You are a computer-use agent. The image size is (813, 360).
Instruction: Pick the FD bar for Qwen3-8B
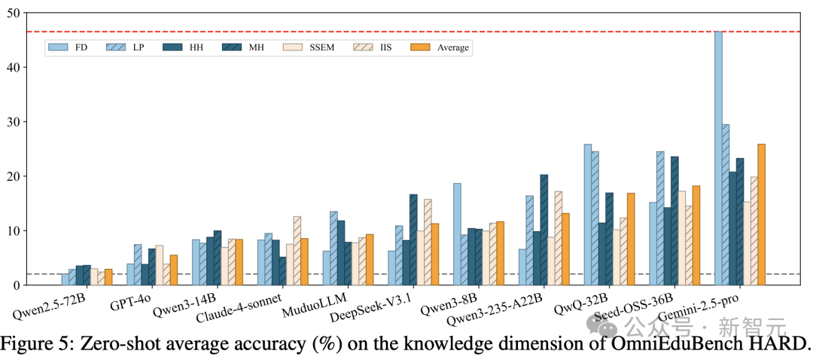tap(457, 234)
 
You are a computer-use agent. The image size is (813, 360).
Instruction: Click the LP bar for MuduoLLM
tap(334, 249)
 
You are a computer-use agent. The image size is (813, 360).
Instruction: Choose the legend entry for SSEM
tap(311, 47)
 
